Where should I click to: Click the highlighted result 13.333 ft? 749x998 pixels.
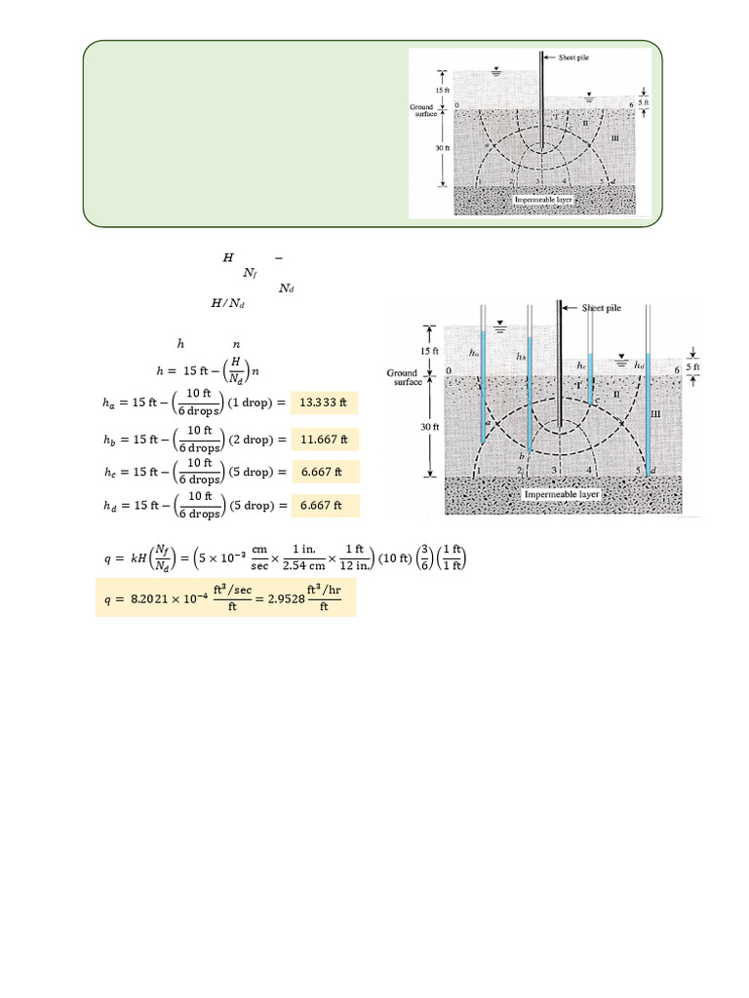tap(319, 401)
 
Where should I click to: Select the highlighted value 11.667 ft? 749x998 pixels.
tap(319, 437)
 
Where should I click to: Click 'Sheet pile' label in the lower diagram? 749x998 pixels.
tap(608, 307)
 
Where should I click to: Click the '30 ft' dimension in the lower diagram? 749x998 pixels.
tap(415, 424)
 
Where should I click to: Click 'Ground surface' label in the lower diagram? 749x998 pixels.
tap(403, 377)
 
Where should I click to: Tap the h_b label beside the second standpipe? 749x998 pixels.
tap(522, 357)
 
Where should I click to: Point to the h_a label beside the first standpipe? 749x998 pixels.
tap(474, 353)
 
